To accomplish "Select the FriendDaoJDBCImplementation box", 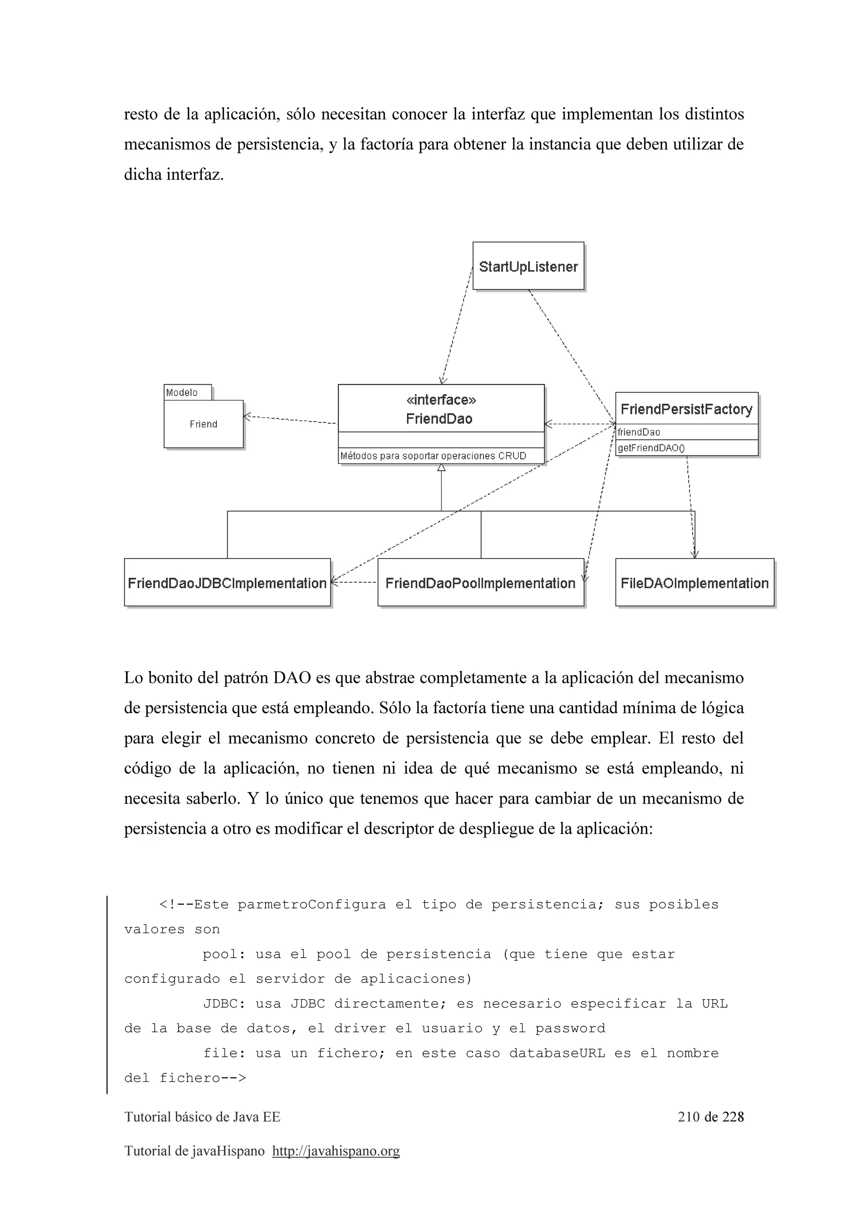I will pyautogui.click(x=227, y=583).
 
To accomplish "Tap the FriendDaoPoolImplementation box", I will pyautogui.click(x=480, y=583).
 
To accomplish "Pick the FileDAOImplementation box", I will pyautogui.click(x=694, y=583).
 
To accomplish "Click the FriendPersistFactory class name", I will pyautogui.click(x=686, y=409).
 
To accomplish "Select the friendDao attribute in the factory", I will pyautogui.click(x=639, y=432).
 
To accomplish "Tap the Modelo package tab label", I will pyautogui.click(x=182, y=392).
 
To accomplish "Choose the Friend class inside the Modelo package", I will pyautogui.click(x=203, y=424).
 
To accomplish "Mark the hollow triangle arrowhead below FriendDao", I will pyautogui.click(x=441, y=468).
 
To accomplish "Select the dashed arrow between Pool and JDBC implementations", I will pyautogui.click(x=354, y=582).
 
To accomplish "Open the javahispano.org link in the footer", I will pyautogui.click(x=336, y=1150).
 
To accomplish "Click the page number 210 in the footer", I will pyautogui.click(x=688, y=1116).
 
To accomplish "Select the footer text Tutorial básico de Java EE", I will pyautogui.click(x=202, y=1117).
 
